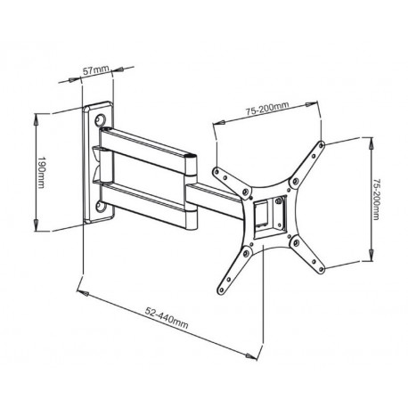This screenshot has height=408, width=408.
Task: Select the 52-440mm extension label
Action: tap(162, 314)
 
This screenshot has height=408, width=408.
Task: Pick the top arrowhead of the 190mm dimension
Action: tap(33, 115)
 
